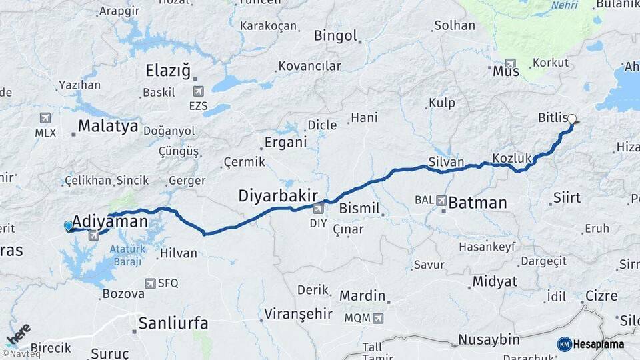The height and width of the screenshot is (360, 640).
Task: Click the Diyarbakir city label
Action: [x=276, y=195]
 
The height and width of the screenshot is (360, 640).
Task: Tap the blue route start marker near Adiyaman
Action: [x=68, y=226]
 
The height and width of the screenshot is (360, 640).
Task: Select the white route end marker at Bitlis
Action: [x=572, y=119]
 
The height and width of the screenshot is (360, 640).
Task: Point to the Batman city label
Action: [x=477, y=203]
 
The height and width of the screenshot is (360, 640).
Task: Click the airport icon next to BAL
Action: [x=441, y=199]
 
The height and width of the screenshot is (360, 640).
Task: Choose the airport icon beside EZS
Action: [x=198, y=91]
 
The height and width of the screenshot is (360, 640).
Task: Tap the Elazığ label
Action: [x=168, y=71]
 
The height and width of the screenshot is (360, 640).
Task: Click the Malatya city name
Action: [x=108, y=126]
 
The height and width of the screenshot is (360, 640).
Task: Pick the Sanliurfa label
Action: [x=173, y=323]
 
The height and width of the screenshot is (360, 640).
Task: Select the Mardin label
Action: [x=363, y=295]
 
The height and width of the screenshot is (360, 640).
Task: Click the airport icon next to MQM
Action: [x=378, y=318]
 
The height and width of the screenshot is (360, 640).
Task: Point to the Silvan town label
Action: [x=447, y=161]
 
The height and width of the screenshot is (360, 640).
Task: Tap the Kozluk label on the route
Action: [x=512, y=158]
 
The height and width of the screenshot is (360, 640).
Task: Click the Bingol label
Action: [x=335, y=36]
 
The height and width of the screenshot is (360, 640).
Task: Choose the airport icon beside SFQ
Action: [x=150, y=283]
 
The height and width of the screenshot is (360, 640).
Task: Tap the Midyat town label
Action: [x=495, y=281]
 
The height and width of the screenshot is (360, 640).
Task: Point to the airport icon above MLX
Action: [x=45, y=118]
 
